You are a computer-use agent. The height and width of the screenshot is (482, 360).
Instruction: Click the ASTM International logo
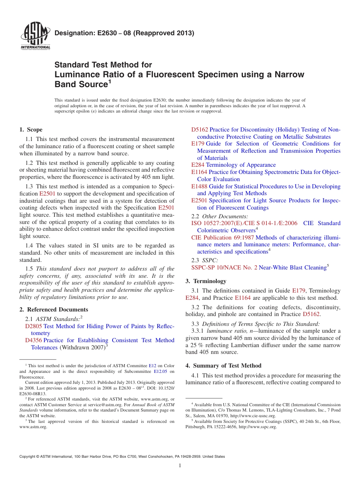click(35, 37)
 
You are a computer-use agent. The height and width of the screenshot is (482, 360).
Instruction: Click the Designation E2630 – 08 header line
click(124, 33)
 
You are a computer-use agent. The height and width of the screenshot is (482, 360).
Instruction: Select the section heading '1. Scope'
click(31, 130)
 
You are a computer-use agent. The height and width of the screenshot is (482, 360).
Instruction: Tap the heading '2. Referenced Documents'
click(54, 310)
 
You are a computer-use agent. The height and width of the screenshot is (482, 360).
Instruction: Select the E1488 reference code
click(199, 186)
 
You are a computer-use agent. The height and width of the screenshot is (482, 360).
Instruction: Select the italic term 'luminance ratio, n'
click(227, 331)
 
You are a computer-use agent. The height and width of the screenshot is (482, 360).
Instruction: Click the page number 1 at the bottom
click(180, 466)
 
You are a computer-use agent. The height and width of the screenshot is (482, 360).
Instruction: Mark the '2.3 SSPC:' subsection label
click(205, 260)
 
